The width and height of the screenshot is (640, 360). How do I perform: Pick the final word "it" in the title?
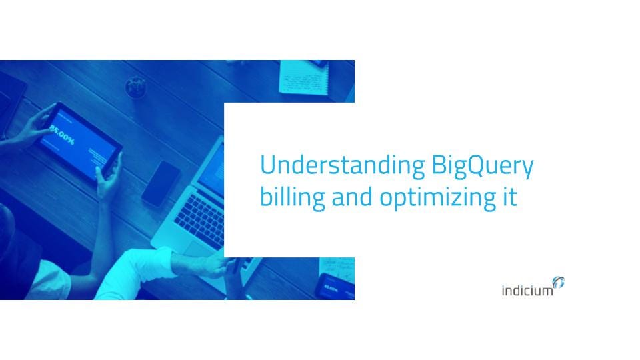pyautogui.click(x=510, y=197)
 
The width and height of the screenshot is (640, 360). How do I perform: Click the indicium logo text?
pyautogui.click(x=527, y=291)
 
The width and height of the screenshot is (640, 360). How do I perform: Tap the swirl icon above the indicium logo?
pyautogui.click(x=559, y=283)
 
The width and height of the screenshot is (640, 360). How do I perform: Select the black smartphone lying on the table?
pyautogui.click(x=161, y=183)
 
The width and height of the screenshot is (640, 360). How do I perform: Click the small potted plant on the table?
pyautogui.click(x=136, y=85)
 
